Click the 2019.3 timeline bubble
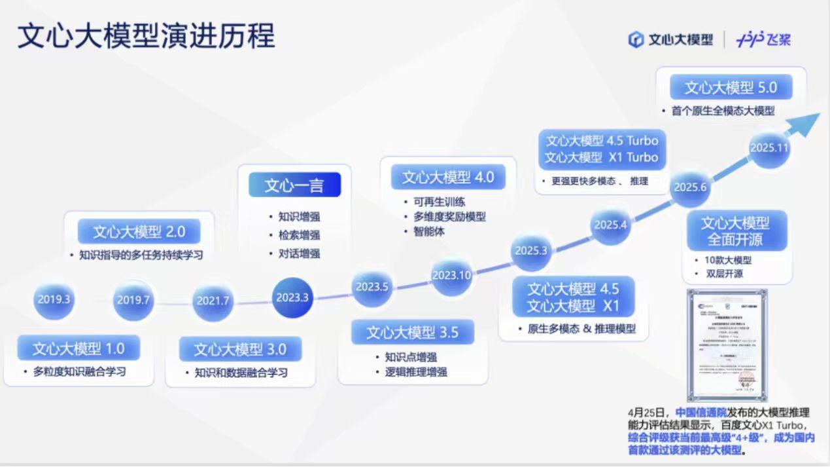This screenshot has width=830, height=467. [54, 300]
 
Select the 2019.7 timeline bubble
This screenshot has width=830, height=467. [133, 301]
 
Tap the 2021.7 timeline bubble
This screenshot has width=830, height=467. [213, 301]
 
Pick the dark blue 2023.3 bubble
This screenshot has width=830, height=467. [292, 297]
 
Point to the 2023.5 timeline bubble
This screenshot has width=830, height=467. [372, 286]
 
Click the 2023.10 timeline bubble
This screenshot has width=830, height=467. [451, 275]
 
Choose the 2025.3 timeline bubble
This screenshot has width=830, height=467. [531, 250]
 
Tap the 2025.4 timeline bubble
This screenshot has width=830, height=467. [610, 225]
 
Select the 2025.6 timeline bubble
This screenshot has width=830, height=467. [691, 187]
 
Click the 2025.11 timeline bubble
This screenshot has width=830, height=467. [769, 148]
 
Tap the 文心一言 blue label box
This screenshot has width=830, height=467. [294, 185]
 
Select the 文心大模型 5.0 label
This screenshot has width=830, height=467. [731, 87]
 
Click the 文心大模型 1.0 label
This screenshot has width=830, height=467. [78, 348]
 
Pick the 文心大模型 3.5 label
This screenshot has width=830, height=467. [412, 332]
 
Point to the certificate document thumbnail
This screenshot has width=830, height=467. [726, 345]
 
